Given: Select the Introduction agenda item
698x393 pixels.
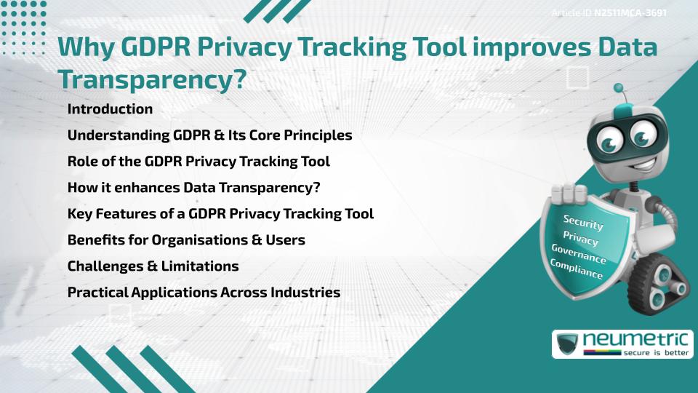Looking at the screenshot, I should tap(110, 109).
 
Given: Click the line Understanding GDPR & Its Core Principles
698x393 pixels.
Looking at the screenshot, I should tap(209, 135).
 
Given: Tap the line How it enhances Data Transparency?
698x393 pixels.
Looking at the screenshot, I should tap(193, 187).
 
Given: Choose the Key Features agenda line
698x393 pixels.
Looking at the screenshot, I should tap(220, 214).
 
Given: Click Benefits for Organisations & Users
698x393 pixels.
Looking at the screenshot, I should tap(186, 240).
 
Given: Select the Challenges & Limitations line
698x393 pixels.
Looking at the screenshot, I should tap(153, 266).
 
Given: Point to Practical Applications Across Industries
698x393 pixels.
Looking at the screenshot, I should tap(204, 293).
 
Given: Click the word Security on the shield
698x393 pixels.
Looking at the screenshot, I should tap(583, 223).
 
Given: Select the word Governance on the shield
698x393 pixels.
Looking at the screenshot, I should tap(579, 254).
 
